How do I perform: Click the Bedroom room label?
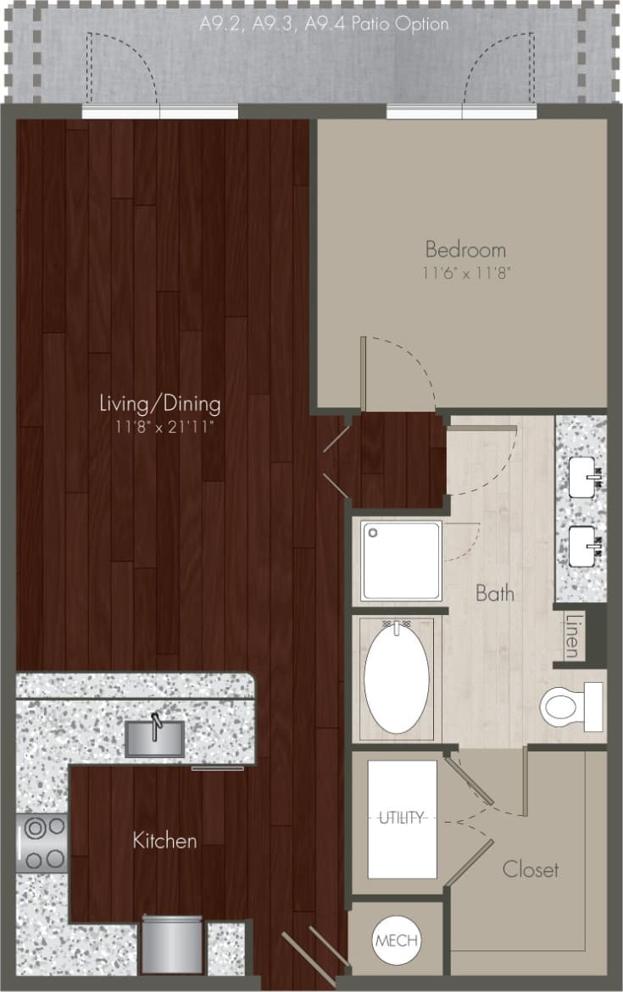(x=465, y=250)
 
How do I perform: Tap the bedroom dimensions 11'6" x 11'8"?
(x=465, y=273)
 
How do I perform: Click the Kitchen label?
(x=164, y=840)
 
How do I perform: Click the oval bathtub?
(x=397, y=677)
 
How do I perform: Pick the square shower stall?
(x=402, y=561)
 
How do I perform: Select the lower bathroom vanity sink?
(x=584, y=546)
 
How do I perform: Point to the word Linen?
(x=572, y=635)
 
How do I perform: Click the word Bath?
(x=495, y=593)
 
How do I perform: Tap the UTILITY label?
(x=402, y=818)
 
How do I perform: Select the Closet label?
(x=531, y=869)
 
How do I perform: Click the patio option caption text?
(x=324, y=24)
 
